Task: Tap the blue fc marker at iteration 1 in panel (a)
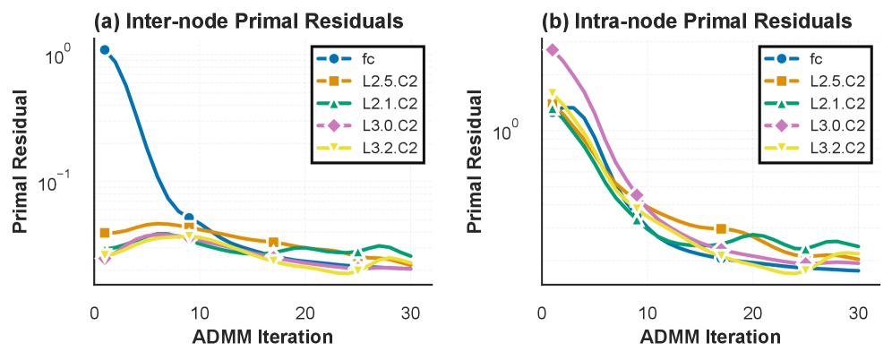point(105,50)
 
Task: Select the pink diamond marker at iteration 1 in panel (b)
point(553,50)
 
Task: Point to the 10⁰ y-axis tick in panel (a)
point(58,57)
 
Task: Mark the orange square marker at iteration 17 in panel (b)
point(722,229)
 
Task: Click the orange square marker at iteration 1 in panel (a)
point(105,233)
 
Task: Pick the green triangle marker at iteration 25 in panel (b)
point(806,250)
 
